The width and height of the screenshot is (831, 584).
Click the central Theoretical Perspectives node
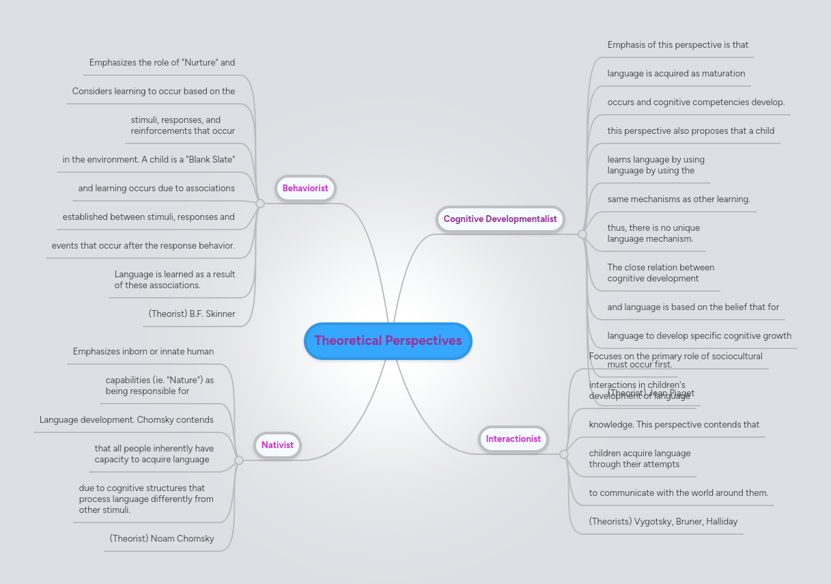(x=388, y=341)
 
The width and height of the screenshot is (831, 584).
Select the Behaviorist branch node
(x=305, y=189)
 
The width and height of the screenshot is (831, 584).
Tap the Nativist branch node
(x=277, y=445)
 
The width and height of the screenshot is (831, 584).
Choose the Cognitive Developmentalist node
(x=500, y=219)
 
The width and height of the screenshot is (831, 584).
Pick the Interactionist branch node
(x=513, y=439)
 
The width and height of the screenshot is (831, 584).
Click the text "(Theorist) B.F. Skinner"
(x=192, y=314)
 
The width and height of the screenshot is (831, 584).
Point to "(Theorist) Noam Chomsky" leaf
(x=162, y=539)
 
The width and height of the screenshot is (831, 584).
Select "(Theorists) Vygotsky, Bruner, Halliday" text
(x=663, y=522)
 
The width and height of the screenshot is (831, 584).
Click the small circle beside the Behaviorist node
(x=259, y=204)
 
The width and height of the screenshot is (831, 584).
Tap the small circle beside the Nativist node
(x=239, y=460)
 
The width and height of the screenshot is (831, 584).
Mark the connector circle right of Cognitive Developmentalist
(x=582, y=234)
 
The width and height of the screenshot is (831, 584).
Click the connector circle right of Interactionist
(x=564, y=454)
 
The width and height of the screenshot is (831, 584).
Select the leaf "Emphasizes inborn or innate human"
(x=143, y=352)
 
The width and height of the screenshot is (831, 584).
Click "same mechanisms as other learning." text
(x=679, y=199)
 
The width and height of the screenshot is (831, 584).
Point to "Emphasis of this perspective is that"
(x=678, y=45)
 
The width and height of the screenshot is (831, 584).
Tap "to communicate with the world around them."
(x=679, y=493)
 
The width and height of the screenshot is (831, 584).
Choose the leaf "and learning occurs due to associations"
(x=156, y=189)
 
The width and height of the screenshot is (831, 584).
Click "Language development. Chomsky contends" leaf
(x=126, y=420)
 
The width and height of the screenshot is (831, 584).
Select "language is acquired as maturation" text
(x=676, y=74)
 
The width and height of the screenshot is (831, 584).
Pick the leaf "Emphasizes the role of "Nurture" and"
(x=162, y=63)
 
